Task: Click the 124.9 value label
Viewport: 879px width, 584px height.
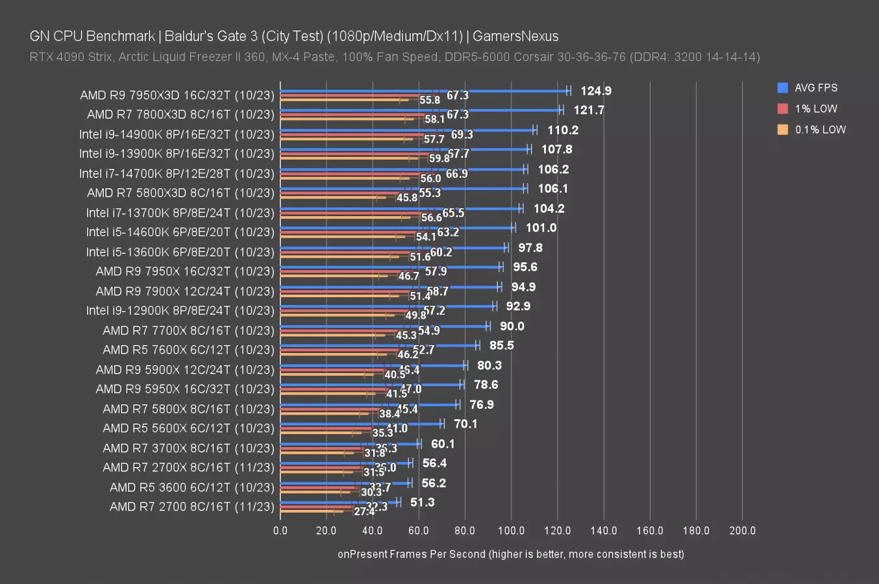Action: click(x=595, y=91)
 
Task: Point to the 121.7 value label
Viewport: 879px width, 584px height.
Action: click(x=589, y=110)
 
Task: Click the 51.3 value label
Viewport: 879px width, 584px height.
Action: click(x=422, y=502)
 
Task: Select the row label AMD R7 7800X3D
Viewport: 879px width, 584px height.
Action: click(x=180, y=115)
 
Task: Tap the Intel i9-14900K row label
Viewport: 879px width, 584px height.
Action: click(x=177, y=134)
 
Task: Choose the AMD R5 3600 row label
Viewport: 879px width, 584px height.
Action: click(x=192, y=487)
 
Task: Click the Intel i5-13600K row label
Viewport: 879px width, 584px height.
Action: click(x=180, y=252)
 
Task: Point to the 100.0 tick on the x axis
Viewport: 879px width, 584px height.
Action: click(x=511, y=530)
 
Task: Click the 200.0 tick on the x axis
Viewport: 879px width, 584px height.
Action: click(x=742, y=530)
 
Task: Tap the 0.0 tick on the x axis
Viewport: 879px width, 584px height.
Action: click(x=280, y=530)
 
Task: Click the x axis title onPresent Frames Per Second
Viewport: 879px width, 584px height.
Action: click(x=510, y=554)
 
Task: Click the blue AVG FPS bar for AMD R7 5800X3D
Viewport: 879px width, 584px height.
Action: click(x=402, y=189)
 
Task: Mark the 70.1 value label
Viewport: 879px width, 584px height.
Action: click(x=465, y=424)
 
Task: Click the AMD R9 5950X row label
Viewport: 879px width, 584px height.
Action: click(x=184, y=389)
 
